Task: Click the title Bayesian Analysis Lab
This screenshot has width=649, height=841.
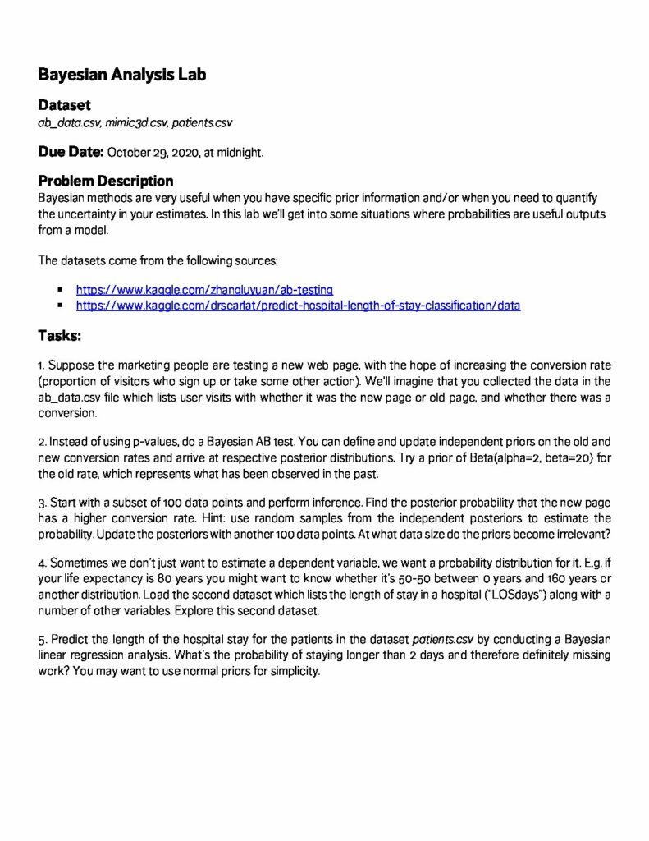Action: pos(121,75)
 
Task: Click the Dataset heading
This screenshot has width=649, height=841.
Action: pos(64,106)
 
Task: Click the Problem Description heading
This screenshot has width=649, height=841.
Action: pos(106,181)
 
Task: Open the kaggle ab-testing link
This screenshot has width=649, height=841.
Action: pos(204,289)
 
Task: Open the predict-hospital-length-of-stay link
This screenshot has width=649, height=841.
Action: pos(298,306)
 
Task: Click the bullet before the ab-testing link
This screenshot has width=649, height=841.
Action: pos(61,290)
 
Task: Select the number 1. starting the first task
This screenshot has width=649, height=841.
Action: pos(43,365)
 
